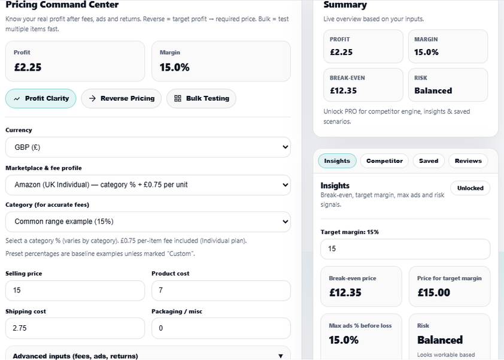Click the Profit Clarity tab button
point(41,98)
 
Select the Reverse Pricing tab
point(122,98)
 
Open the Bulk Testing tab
point(201,98)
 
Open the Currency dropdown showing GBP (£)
point(148,147)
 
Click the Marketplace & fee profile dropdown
point(148,184)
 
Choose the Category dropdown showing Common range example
point(148,222)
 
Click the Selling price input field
point(75,291)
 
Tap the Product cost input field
point(221,291)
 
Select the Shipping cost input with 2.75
point(75,328)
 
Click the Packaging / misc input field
point(221,328)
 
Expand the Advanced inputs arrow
point(281,356)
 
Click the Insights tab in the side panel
point(337,161)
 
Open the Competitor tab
point(384,161)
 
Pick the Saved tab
point(429,161)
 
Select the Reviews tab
point(468,161)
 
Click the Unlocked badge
point(470,188)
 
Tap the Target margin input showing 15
point(405,249)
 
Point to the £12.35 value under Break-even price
point(345,293)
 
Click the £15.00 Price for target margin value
point(433,293)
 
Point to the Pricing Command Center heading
point(62,5)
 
